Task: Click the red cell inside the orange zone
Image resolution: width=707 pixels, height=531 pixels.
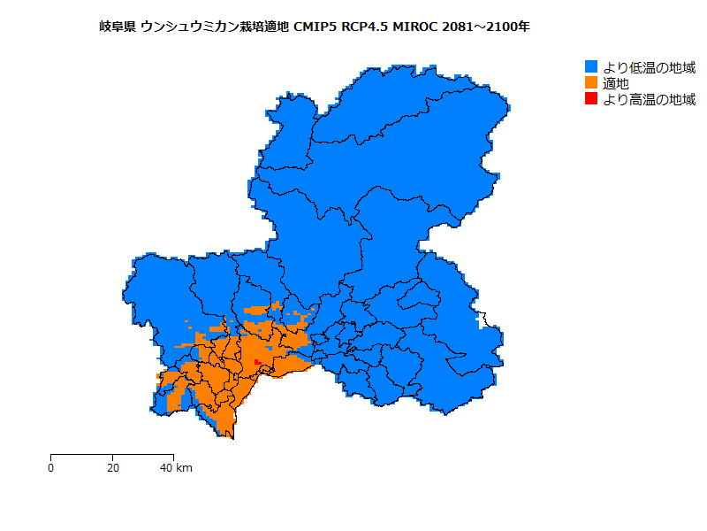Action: click(x=255, y=362)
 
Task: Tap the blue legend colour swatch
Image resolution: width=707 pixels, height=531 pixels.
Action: click(x=591, y=67)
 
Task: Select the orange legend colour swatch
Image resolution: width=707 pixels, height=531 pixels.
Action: click(x=591, y=83)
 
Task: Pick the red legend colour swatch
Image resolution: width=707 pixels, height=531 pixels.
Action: click(x=591, y=99)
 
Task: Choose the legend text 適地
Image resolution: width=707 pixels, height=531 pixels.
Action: click(x=616, y=83)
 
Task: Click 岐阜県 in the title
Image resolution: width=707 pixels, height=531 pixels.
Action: click(x=117, y=27)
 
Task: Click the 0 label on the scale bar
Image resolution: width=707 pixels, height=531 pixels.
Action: click(x=50, y=467)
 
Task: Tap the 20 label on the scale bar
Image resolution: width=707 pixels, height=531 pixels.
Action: click(x=112, y=467)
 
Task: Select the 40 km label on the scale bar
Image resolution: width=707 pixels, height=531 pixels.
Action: click(x=175, y=467)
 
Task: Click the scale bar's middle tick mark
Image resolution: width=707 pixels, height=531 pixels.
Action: click(x=112, y=456)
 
